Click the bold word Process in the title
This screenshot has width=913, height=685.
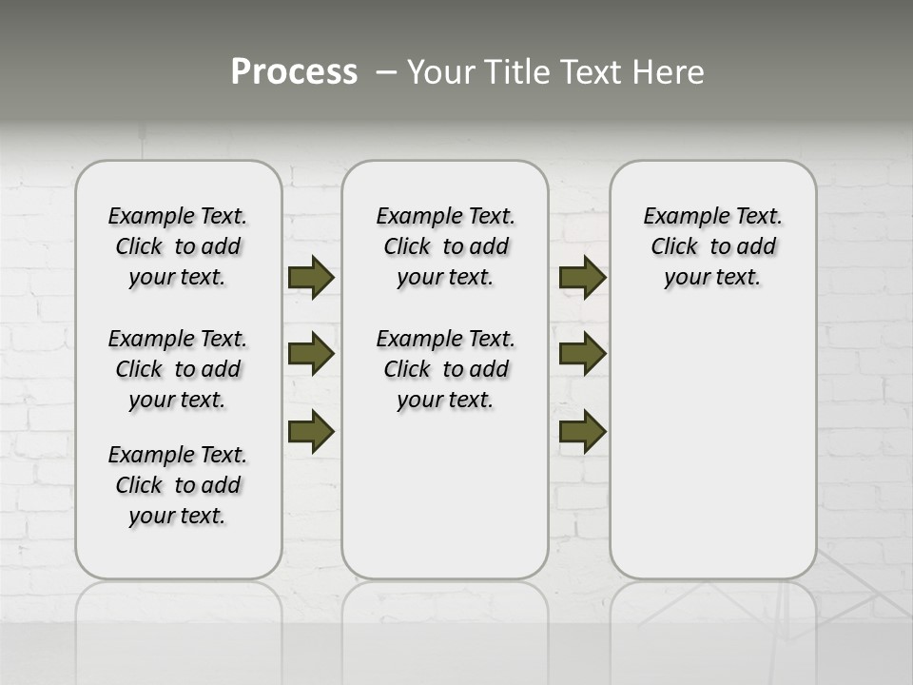pyautogui.click(x=294, y=71)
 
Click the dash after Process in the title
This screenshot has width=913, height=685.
pyautogui.click(x=386, y=73)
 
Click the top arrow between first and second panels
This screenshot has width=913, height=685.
pyautogui.click(x=310, y=277)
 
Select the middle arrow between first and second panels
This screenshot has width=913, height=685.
pyautogui.click(x=310, y=354)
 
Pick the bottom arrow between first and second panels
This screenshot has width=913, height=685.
pyautogui.click(x=310, y=431)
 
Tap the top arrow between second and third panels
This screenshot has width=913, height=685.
pyautogui.click(x=582, y=277)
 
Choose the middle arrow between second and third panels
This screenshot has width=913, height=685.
pyautogui.click(x=582, y=354)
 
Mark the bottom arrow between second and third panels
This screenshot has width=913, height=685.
pyautogui.click(x=582, y=431)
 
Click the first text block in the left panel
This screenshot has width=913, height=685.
pyautogui.click(x=178, y=246)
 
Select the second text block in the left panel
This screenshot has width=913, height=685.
pyautogui.click(x=178, y=369)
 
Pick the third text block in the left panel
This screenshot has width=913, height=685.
pyautogui.click(x=178, y=485)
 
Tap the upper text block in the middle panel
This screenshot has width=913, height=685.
pyautogui.click(x=445, y=246)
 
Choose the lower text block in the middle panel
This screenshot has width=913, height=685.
pyautogui.click(x=445, y=369)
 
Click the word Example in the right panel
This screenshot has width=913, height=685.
pyautogui.click(x=682, y=217)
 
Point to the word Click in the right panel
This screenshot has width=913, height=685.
pyautogui.click(x=674, y=247)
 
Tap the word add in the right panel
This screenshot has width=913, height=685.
pyautogui.click(x=757, y=247)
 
